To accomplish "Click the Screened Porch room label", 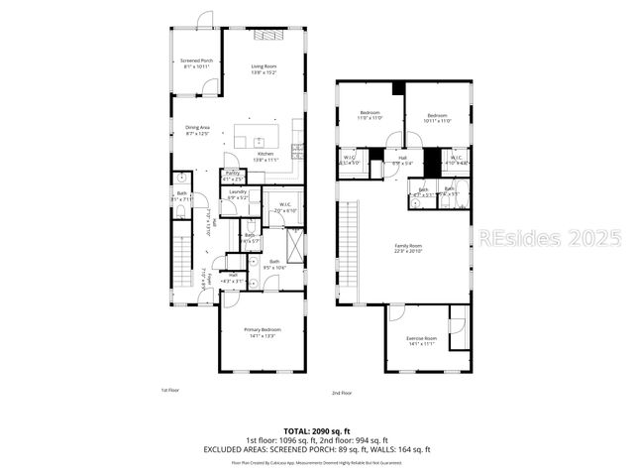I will pos(196,63).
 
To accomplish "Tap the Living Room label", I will pos(264,69).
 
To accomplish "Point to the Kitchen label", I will pos(265,156).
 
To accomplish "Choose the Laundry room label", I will pos(238,194).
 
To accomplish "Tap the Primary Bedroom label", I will pos(264,332).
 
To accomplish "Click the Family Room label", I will pos(409,248).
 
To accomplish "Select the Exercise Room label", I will pos(422,341).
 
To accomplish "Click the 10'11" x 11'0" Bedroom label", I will pos(439,118).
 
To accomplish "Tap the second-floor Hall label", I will pos(403,160).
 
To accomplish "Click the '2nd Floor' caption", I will pos(342,394).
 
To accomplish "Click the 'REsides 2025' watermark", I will pos(549,238).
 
